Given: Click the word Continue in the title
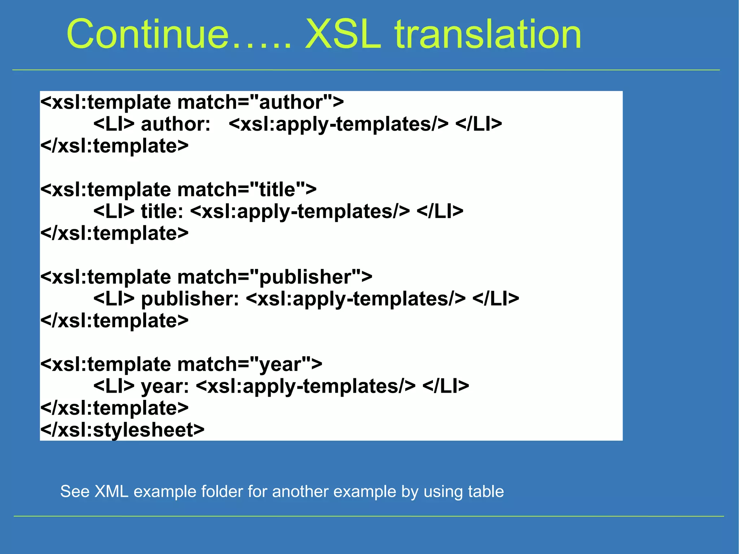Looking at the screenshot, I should pos(148,34).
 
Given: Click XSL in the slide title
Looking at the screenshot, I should pos(343,34).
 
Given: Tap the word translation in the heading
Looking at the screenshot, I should pos(488,34).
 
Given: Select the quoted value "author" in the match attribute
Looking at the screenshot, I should pos(290,102).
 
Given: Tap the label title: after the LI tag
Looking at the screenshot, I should pos(162,211).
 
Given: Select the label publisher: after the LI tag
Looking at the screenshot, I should pos(190,299).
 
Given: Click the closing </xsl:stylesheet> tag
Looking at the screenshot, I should pos(122,430).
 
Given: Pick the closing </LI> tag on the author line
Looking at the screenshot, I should pos(478,124).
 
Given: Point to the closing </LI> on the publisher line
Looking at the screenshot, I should pos(496,299).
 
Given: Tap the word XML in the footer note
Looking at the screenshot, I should pos(111,492).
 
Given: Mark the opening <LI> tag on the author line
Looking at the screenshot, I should pos(114,124).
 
